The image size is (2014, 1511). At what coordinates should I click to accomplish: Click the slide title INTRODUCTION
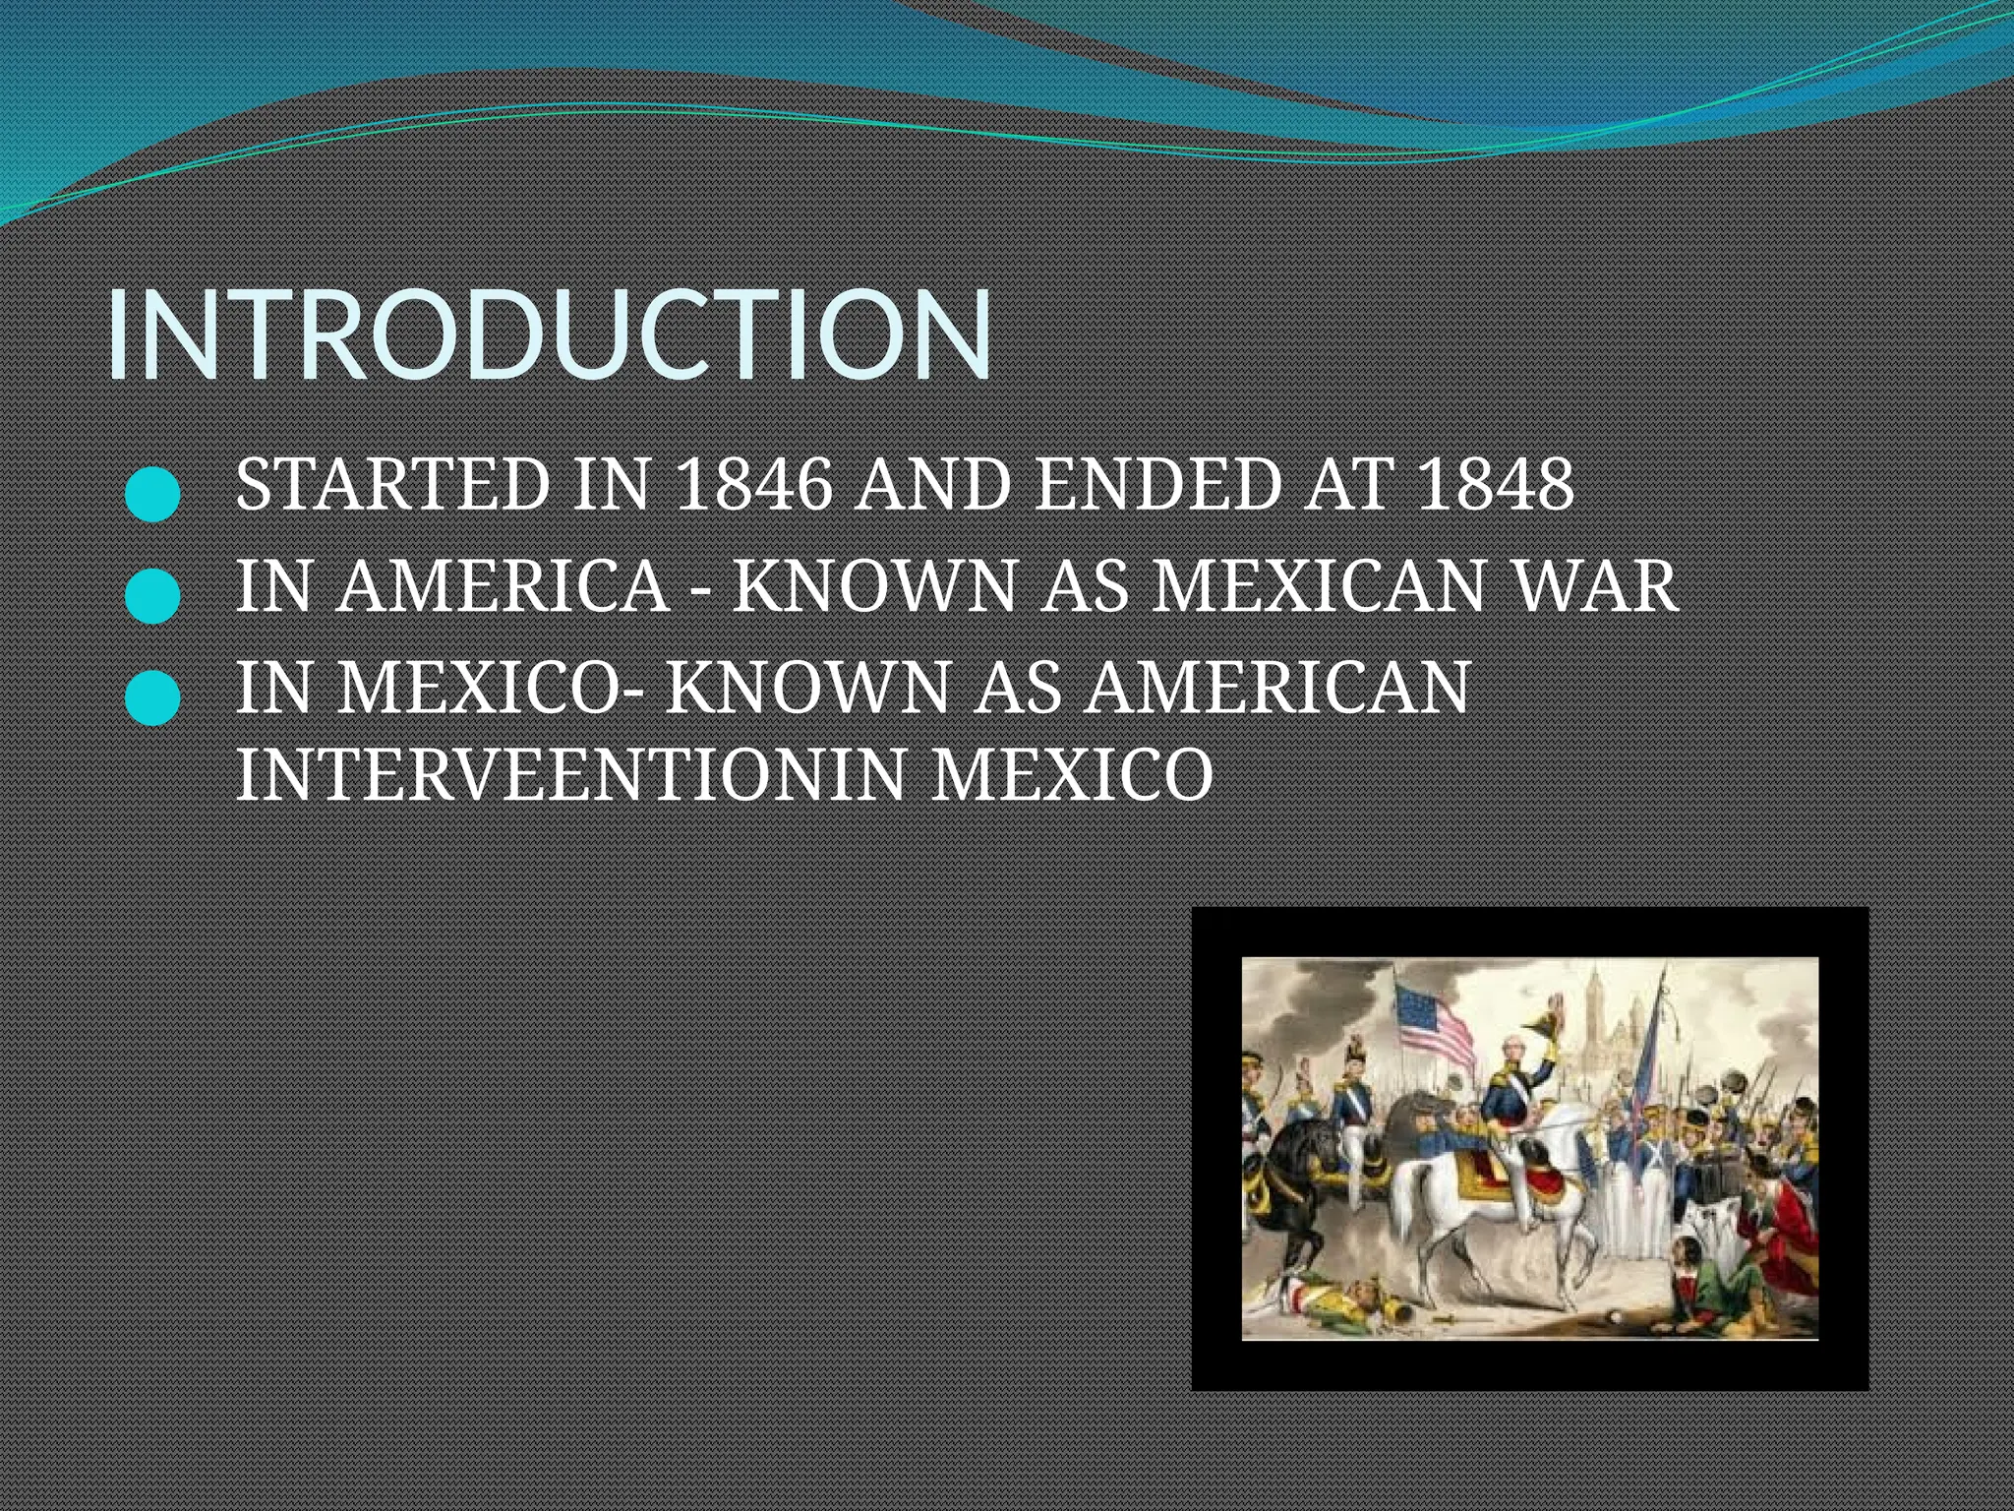pos(549,334)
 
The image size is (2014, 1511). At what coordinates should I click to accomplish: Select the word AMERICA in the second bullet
pos(503,586)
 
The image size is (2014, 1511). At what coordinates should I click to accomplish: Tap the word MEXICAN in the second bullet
pos(1318,586)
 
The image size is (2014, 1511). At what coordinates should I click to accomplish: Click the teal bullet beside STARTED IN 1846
pos(153,494)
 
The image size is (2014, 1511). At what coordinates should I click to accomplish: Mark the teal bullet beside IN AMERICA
pos(153,596)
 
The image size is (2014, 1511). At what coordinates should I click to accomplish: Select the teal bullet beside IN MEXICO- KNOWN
pos(153,697)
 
